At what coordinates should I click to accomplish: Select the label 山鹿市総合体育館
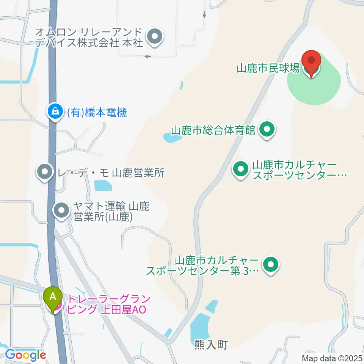point(213,130)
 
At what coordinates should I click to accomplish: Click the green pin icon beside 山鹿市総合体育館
point(267,130)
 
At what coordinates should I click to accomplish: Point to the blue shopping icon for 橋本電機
point(55,112)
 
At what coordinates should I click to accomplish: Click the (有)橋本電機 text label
point(97,113)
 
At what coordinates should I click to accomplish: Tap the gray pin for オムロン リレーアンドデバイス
point(154,38)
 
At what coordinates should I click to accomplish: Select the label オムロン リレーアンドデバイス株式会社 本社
point(89,37)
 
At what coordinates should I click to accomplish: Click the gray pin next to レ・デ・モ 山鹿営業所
point(45,173)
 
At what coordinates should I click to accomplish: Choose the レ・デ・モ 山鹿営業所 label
point(110,173)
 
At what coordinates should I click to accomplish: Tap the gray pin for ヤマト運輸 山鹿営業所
point(61,211)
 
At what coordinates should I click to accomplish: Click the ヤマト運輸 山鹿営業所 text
point(111,212)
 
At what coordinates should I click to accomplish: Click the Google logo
point(25,355)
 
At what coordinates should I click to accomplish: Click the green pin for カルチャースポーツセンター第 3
point(270,266)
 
